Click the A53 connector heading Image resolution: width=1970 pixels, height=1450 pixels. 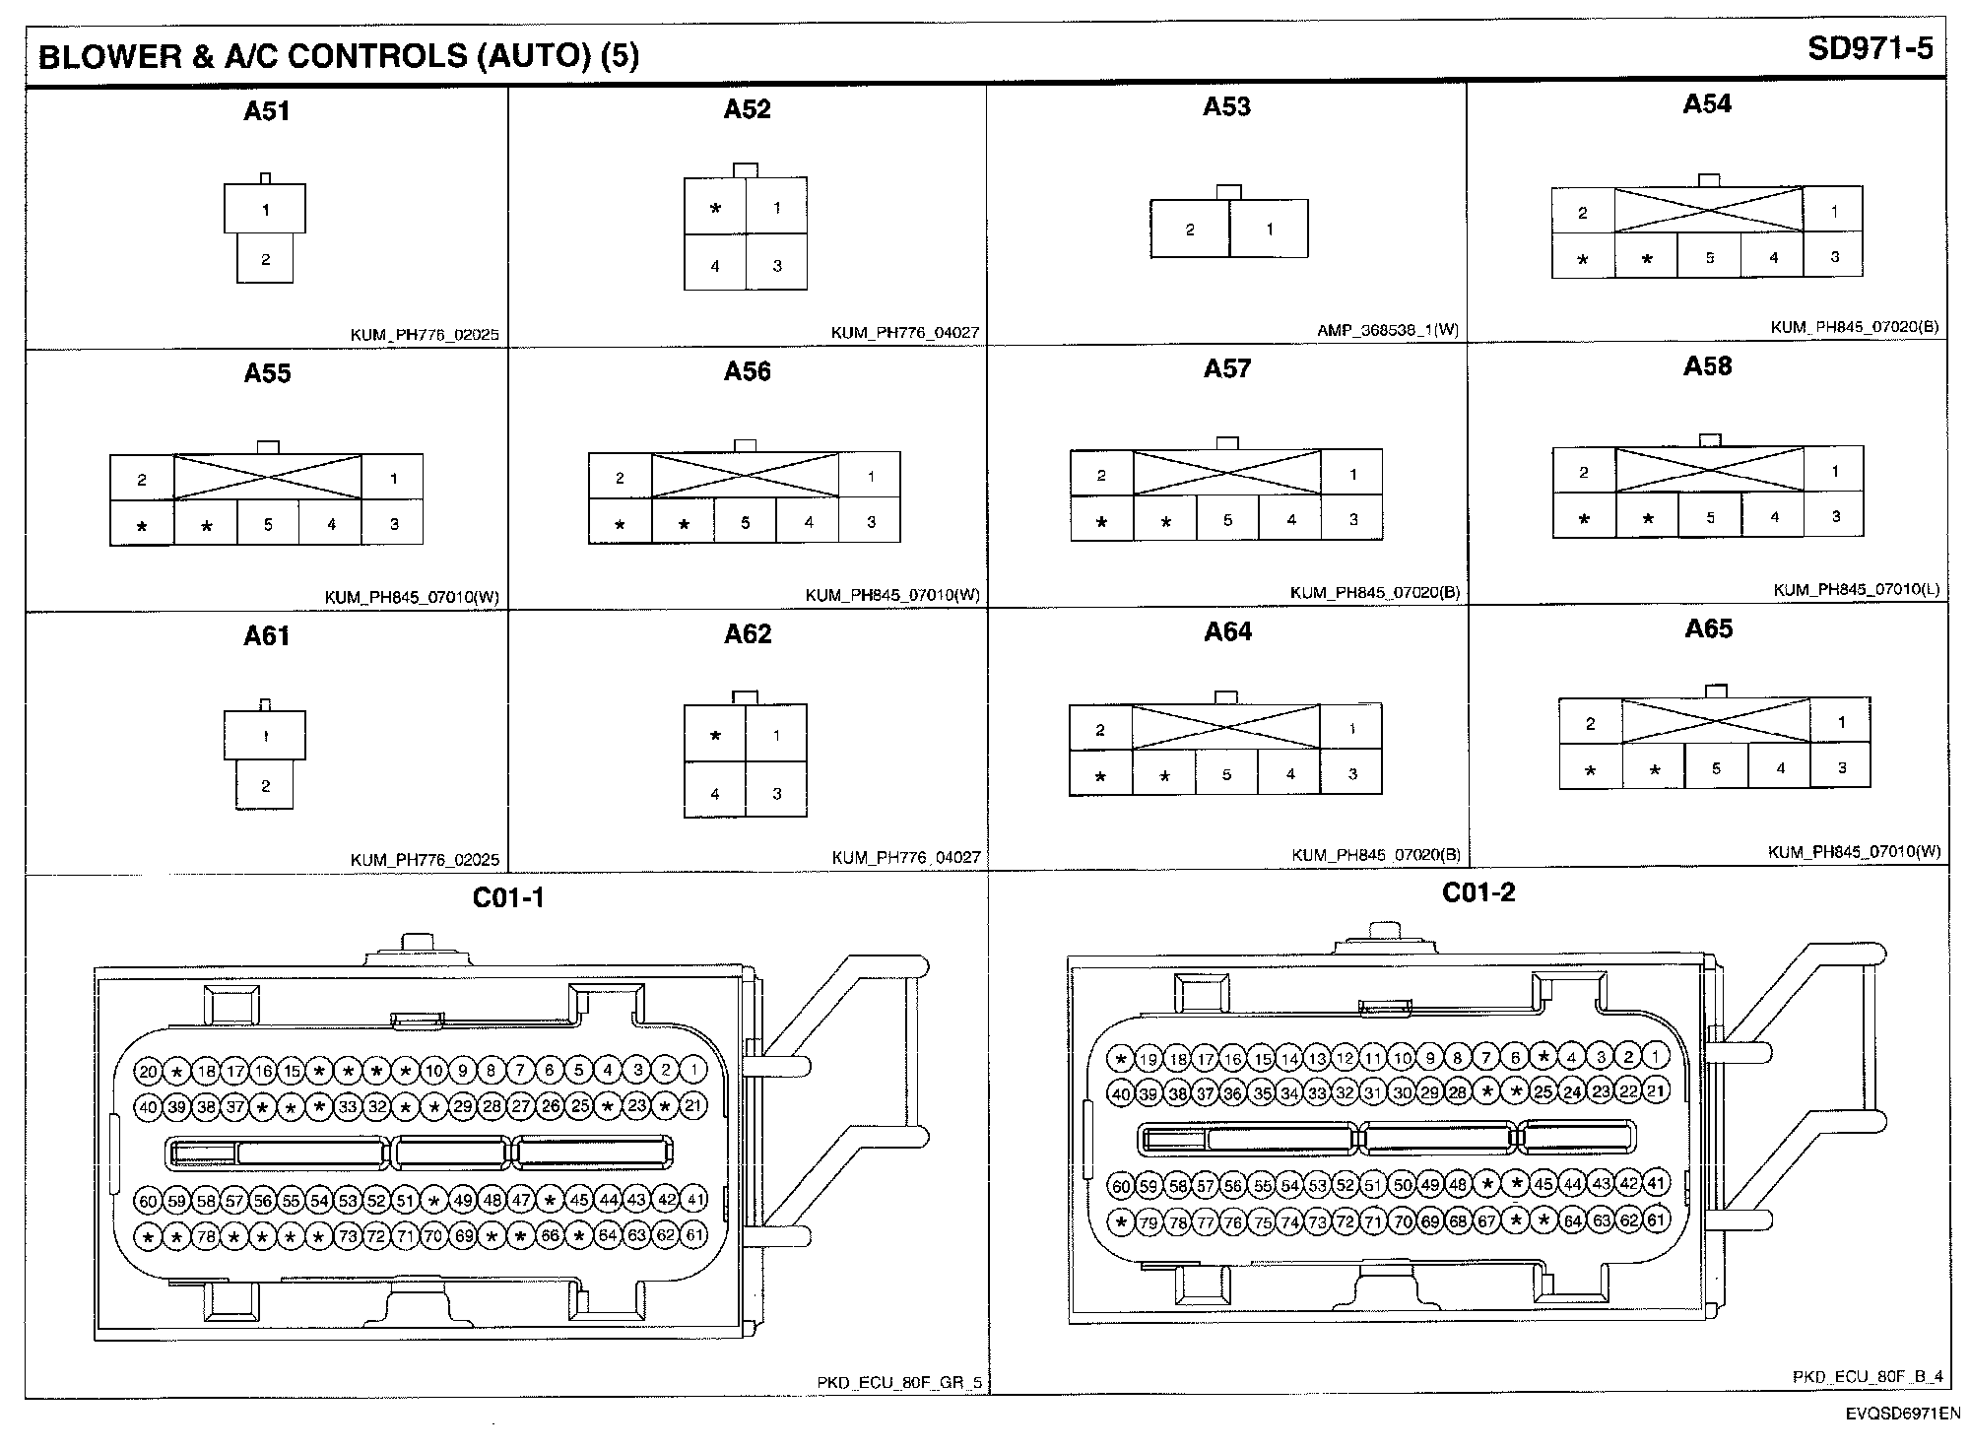(x=1226, y=106)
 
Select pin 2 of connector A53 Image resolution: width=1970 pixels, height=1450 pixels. (x=1190, y=230)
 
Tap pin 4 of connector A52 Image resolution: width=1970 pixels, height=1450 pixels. (x=715, y=266)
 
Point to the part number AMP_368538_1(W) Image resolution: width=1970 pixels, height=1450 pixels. (x=1387, y=331)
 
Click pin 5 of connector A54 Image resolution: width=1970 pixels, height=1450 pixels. (x=1710, y=258)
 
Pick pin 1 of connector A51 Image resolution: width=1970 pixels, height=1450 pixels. (x=265, y=209)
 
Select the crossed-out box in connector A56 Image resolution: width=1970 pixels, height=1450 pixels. (x=746, y=476)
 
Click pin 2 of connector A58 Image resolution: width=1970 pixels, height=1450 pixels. (x=1584, y=472)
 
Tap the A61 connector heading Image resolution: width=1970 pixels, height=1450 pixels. (x=267, y=636)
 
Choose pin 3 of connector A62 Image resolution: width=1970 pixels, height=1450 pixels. (x=776, y=794)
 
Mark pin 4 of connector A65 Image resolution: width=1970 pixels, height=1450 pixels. (x=1780, y=768)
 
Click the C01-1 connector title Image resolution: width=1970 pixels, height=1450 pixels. (x=508, y=897)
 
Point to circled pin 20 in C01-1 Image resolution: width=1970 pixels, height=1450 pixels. (x=148, y=1072)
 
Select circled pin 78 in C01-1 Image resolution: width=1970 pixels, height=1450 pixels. (x=205, y=1236)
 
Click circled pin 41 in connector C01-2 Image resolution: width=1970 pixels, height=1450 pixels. (x=1657, y=1184)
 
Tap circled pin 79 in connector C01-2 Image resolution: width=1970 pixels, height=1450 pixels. (x=1149, y=1223)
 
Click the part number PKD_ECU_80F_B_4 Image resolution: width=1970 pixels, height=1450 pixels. (x=1868, y=1377)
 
